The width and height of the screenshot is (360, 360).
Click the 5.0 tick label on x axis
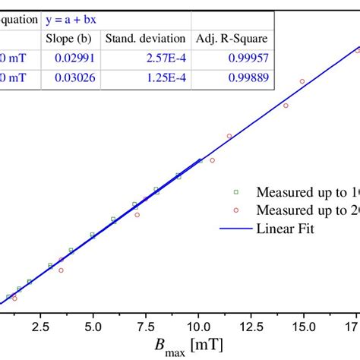(x=93, y=325)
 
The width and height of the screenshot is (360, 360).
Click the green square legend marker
(x=236, y=191)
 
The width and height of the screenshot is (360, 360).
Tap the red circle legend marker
(x=236, y=210)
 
